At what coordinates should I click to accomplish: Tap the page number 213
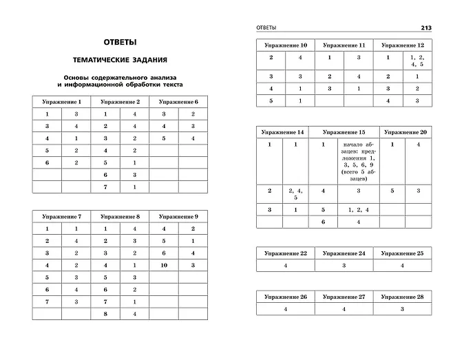point(426,28)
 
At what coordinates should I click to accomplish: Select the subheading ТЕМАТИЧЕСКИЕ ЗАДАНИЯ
point(119,60)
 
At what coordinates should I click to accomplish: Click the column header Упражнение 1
point(61,102)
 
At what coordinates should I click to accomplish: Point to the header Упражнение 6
point(178,102)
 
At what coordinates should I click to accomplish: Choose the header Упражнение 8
point(120,216)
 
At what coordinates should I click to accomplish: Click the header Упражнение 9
point(178,216)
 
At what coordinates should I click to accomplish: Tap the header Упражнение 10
point(285,45)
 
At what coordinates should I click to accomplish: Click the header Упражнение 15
point(344,131)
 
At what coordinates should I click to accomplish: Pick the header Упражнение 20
point(403,131)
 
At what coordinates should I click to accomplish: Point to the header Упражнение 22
point(285,253)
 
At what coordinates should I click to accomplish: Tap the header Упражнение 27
point(344,297)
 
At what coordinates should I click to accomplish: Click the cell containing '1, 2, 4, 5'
point(417,61)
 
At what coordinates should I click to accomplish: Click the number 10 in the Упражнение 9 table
point(164,265)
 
